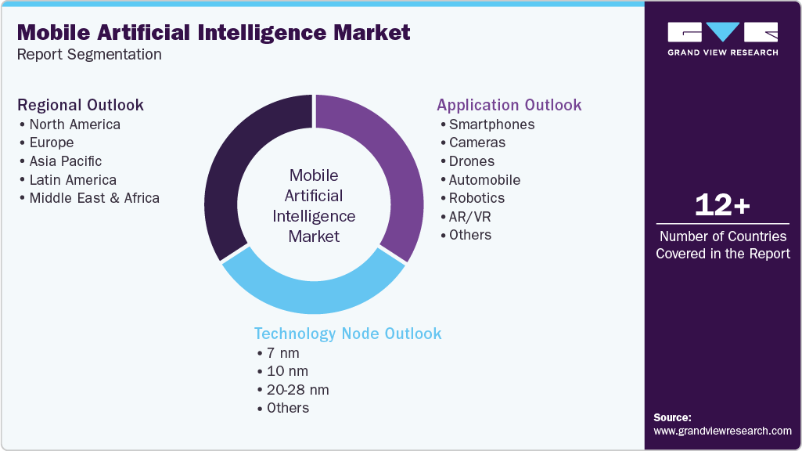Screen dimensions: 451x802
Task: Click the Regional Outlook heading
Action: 81,105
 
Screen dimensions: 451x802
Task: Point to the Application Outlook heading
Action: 509,105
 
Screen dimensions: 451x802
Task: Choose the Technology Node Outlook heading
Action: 347,334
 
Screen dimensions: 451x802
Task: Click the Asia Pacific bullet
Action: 65,161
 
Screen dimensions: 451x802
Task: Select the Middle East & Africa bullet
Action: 94,198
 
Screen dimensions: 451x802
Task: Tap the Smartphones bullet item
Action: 491,124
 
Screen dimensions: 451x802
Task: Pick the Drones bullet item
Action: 471,161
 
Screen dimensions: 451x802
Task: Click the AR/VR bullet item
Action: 470,216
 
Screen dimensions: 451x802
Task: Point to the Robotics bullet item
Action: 477,198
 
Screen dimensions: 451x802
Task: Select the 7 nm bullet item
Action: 282,353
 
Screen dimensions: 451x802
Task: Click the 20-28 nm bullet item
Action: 297,390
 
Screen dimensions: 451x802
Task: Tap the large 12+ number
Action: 722,206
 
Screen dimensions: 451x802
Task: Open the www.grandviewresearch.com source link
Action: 722,431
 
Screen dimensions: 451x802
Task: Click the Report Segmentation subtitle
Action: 89,55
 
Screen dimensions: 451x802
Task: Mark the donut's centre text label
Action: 314,205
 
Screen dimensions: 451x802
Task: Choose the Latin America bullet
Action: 72,180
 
